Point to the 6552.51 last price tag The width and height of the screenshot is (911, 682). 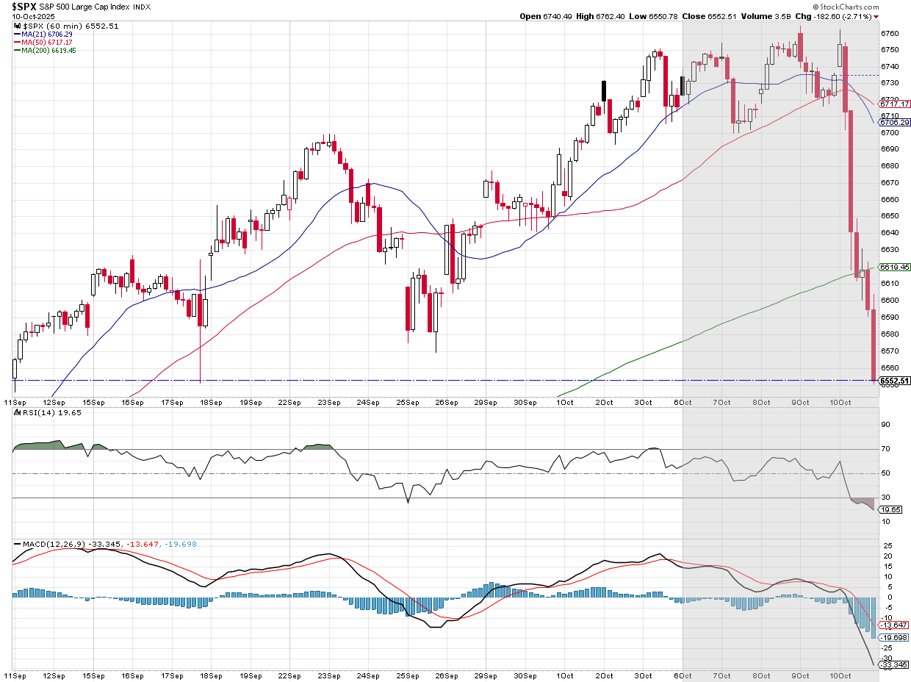coord(895,381)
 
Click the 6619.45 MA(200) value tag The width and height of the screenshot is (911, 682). coord(895,268)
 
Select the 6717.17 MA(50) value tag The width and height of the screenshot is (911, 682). coord(895,104)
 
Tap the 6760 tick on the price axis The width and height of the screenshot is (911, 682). coord(889,33)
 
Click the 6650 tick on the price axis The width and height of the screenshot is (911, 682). coord(889,216)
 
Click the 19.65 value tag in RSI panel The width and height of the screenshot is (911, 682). coord(890,509)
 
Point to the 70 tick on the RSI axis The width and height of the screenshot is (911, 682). coord(885,449)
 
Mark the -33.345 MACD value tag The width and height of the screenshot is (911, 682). coord(894,665)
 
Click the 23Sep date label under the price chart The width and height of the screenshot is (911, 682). coord(328,403)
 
